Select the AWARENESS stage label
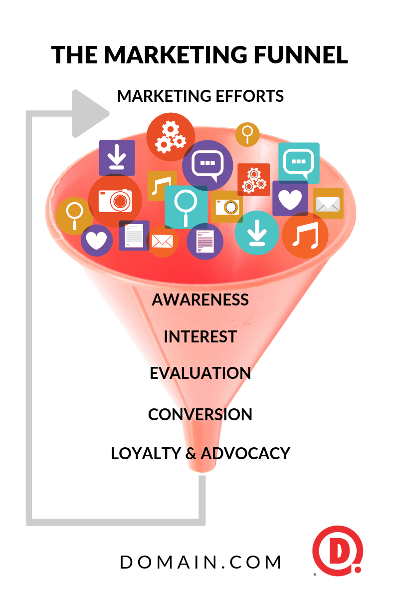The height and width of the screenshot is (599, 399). [x=200, y=299]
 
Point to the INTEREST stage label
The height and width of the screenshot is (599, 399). [x=200, y=336]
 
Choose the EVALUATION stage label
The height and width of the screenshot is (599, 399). [x=200, y=373]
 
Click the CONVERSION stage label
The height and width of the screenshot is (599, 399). [x=200, y=414]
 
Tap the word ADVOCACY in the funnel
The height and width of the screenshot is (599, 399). [x=245, y=453]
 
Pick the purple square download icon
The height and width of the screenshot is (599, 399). [x=117, y=158]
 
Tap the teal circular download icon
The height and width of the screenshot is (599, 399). [x=257, y=232]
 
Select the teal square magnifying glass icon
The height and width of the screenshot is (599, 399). [x=186, y=207]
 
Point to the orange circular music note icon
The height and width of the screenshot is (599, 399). [x=305, y=235]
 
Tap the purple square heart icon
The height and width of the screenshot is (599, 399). [x=290, y=198]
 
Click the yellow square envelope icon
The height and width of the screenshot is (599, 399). [x=328, y=204]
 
